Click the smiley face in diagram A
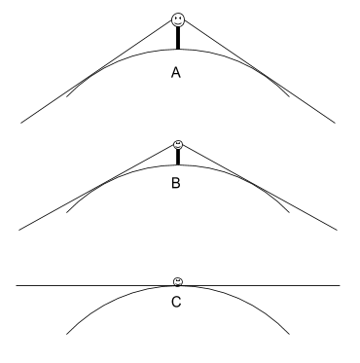point(178,18)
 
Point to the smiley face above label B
point(178,144)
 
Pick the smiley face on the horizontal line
point(178,281)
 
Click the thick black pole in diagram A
point(178,37)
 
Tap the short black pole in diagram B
point(178,157)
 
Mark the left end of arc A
point(66,96)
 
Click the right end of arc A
point(290,96)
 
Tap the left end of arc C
point(66,334)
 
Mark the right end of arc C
point(290,334)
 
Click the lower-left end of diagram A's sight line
point(19,124)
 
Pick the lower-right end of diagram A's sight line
point(337,124)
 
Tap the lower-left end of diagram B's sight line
point(19,230)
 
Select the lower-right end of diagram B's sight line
point(337,230)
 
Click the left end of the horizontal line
point(18,285)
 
